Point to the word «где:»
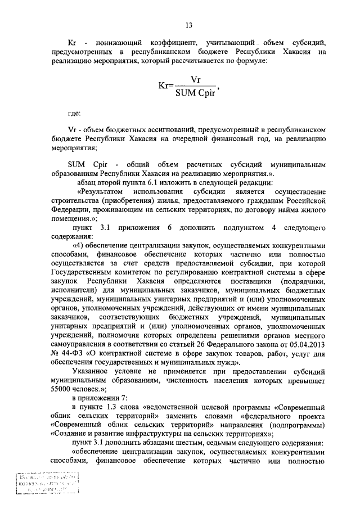74,113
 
